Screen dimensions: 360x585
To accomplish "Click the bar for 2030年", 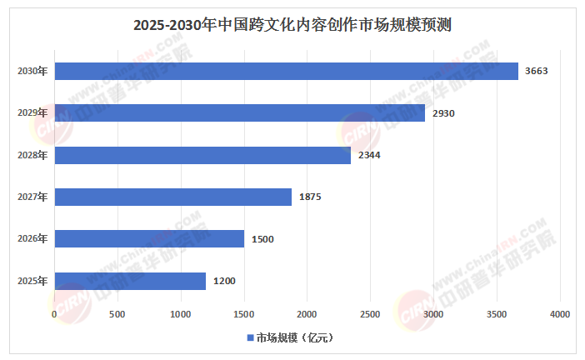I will click(286, 71).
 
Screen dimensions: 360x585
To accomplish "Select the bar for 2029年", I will click(239, 112).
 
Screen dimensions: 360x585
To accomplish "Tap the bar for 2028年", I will click(202, 155).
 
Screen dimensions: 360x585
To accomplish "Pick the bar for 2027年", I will click(172, 197).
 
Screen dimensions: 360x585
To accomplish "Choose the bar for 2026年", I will click(149, 239).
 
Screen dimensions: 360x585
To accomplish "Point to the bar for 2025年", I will click(130, 281).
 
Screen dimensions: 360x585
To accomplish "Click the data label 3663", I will click(536, 71).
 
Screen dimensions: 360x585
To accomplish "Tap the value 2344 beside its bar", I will click(369, 155).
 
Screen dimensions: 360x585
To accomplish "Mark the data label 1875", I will click(310, 197).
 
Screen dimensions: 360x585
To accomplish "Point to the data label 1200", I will click(224, 281).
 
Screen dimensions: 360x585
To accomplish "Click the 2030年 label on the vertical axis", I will click(32, 71).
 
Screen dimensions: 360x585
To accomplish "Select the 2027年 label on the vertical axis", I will click(32, 197).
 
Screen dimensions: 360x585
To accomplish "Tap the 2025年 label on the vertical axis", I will click(32, 281).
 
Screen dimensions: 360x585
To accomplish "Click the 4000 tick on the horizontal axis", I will click(559, 313).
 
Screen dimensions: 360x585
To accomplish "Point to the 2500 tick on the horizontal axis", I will click(370, 313).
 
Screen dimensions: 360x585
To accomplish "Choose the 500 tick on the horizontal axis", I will click(117, 313).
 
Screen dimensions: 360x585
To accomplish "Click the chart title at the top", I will click(292, 24).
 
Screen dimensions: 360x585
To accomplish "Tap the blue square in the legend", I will click(248, 337).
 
